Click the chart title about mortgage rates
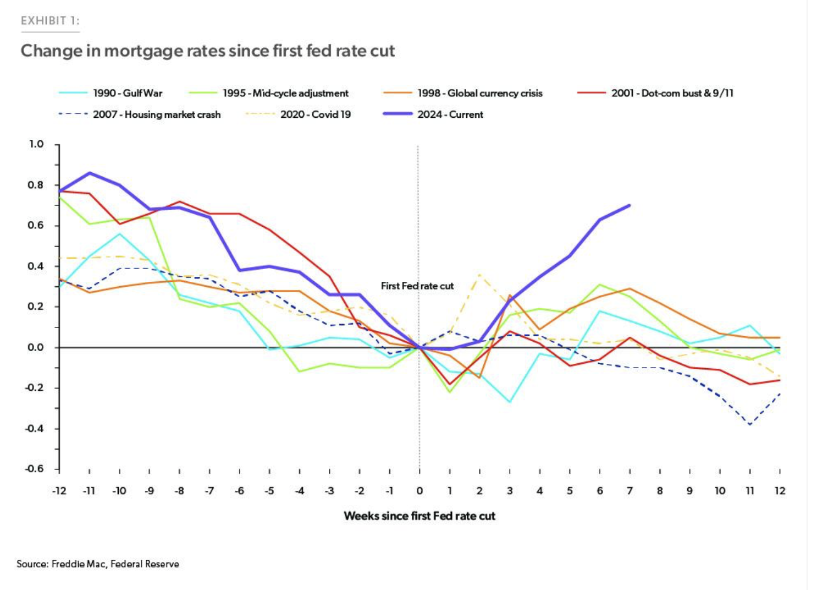(208, 51)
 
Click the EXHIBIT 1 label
(50, 21)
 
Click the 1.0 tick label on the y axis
(36, 144)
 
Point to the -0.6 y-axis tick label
(34, 469)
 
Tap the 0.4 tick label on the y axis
(36, 266)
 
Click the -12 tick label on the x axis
(59, 491)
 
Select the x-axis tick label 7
(630, 491)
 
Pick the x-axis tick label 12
(780, 491)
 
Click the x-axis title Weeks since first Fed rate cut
(419, 516)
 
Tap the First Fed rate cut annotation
(417, 286)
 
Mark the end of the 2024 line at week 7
(630, 205)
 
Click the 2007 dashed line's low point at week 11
(750, 424)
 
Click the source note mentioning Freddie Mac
(98, 564)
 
